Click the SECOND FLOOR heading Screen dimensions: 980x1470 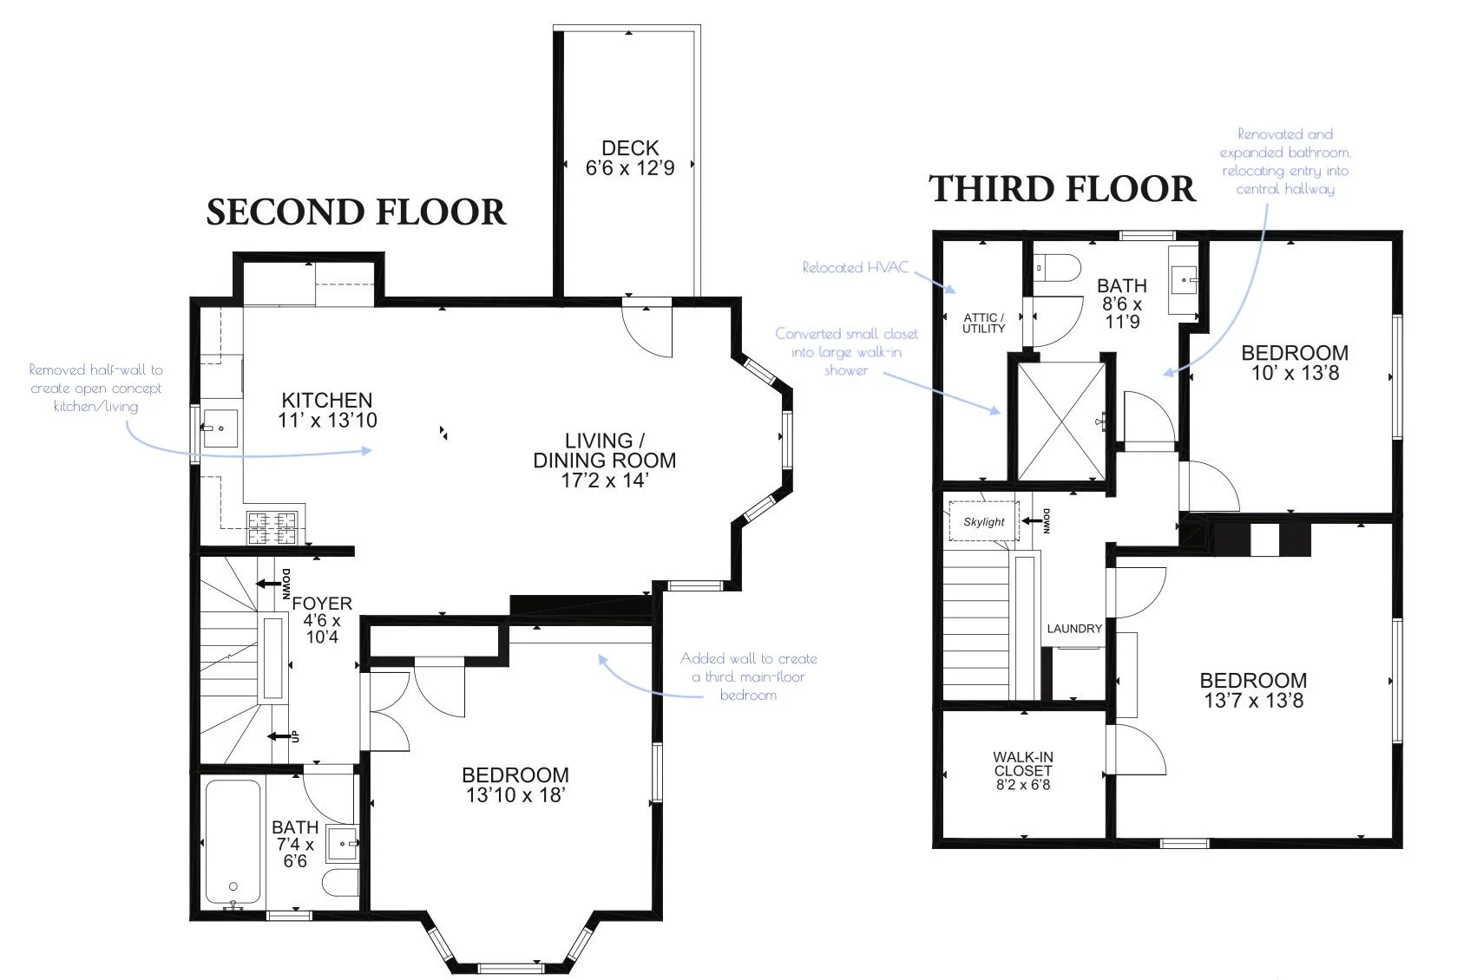[x=356, y=212]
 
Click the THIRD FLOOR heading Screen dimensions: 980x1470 [x=1062, y=188]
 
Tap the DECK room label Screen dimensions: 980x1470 [x=630, y=148]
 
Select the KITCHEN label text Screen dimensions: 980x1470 [x=327, y=401]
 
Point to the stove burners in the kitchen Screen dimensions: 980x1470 [x=272, y=527]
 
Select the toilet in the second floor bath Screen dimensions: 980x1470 [x=341, y=884]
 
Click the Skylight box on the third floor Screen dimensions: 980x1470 [x=983, y=521]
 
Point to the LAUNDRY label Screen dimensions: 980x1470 [x=1074, y=629]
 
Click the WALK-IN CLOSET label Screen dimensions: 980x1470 [x=1023, y=763]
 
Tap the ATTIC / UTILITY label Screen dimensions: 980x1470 [x=983, y=323]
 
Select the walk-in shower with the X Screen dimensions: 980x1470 [x=1061, y=421]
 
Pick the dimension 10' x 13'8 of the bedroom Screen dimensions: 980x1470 [x=1295, y=374]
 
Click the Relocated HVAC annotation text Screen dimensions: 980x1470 [x=856, y=267]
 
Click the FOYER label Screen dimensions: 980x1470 [x=322, y=603]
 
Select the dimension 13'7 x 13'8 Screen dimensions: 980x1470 [x=1253, y=701]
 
